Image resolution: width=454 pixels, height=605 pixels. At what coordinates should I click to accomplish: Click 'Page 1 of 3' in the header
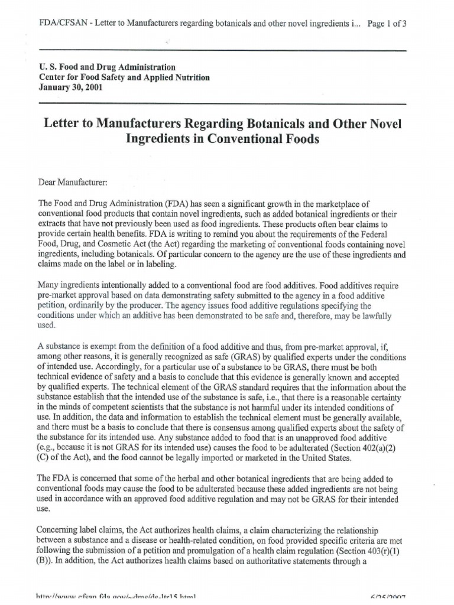point(387,24)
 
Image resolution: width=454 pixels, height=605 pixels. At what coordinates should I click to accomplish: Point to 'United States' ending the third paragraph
point(322,458)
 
